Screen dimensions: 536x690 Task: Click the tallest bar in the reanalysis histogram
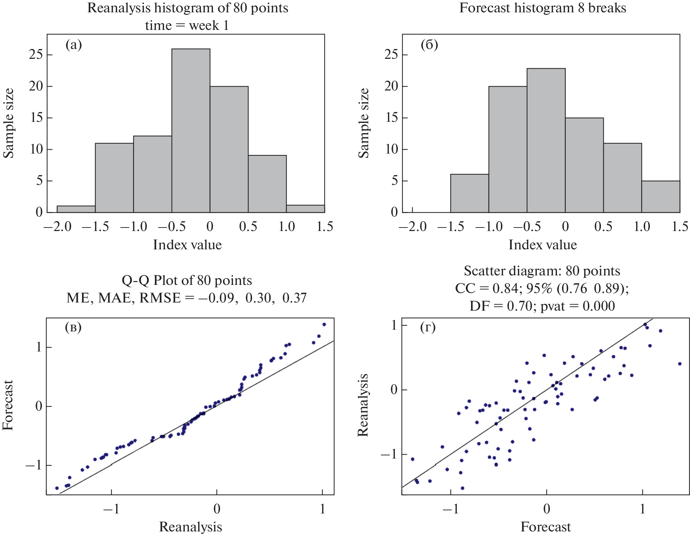(x=191, y=130)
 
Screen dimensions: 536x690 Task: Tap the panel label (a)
(x=74, y=45)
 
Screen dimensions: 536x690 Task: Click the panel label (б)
(x=429, y=45)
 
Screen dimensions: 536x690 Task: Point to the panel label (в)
(x=73, y=327)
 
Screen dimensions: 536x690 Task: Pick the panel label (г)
(x=428, y=327)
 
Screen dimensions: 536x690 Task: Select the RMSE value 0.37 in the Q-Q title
(x=295, y=298)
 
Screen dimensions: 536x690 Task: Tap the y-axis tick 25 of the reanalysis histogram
(x=36, y=55)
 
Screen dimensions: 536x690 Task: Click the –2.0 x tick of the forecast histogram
(x=413, y=226)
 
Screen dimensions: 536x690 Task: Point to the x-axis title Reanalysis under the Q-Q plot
(x=190, y=527)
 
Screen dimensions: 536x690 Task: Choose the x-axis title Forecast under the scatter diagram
(x=545, y=527)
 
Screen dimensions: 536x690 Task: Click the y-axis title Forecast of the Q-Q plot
(x=8, y=405)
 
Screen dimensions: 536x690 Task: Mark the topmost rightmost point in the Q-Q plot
(x=324, y=324)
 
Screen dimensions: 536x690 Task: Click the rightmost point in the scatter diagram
(x=680, y=364)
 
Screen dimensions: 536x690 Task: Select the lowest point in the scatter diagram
(x=463, y=488)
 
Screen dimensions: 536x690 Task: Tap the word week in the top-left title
(x=204, y=25)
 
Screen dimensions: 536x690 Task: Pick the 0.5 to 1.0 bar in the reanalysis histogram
(x=267, y=183)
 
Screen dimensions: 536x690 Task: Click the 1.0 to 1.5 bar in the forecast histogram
(x=661, y=197)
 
